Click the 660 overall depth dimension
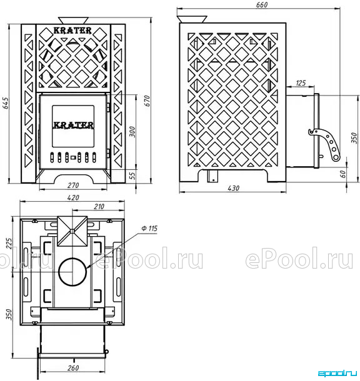(261, 4)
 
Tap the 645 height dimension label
(5, 103)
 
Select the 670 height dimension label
(147, 101)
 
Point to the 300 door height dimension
(132, 131)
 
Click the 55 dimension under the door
(132, 176)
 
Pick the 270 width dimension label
(73, 186)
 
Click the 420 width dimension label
(73, 197)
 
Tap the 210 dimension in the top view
(99, 207)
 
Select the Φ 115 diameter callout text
(149, 228)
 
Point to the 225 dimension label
(9, 243)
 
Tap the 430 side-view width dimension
(233, 188)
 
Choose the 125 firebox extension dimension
(301, 83)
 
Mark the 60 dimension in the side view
(342, 174)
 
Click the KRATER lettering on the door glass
(73, 125)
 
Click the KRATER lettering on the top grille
(72, 31)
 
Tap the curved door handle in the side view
(326, 144)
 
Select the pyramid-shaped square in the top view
(72, 231)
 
